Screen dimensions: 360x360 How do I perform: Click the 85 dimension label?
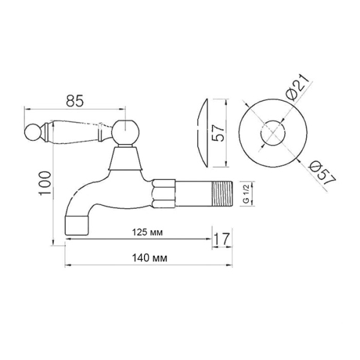point(74,101)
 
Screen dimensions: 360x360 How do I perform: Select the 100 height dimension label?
point(45,183)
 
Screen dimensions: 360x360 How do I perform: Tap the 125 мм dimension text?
point(147,232)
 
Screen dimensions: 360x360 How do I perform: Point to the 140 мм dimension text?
point(149,258)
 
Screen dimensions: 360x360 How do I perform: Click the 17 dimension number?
point(222,239)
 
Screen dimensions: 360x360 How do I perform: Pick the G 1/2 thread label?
point(246,194)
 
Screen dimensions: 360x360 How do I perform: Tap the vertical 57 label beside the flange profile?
point(218,133)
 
